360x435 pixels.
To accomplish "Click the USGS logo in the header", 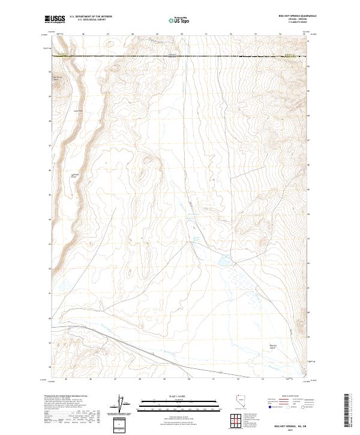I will tap(55, 19).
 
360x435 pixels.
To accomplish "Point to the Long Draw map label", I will tap(77, 110).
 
